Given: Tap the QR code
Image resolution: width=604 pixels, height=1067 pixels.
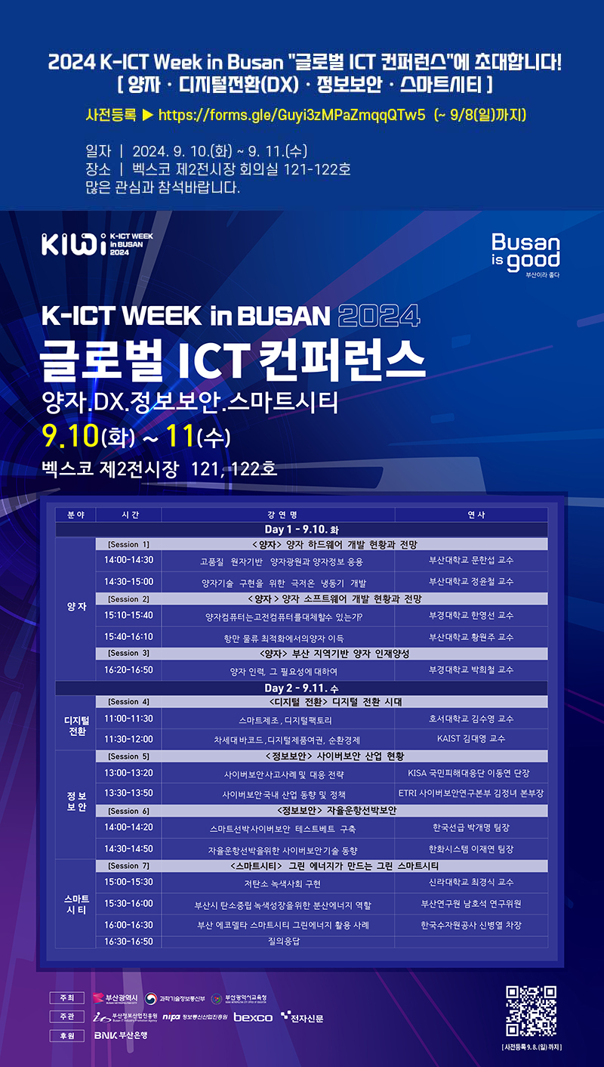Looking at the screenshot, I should coord(531,1010).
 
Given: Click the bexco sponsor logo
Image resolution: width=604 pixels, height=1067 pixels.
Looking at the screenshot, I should coord(253,1017).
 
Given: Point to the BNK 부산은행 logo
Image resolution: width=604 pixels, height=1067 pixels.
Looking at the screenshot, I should coord(120,1035).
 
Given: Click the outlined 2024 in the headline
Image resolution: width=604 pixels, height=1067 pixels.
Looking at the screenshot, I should coord(379,314).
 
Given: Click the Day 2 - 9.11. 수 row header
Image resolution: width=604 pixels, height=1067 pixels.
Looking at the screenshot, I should coord(301,688).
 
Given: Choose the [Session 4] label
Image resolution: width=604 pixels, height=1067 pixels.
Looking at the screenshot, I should coord(128,702).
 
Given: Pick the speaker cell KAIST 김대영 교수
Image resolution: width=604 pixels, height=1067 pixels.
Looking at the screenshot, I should coord(471,739).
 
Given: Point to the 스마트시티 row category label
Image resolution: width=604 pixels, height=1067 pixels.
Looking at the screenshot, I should coord(76,904).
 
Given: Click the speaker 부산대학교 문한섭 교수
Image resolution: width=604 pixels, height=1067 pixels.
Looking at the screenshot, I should coord(471,561).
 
